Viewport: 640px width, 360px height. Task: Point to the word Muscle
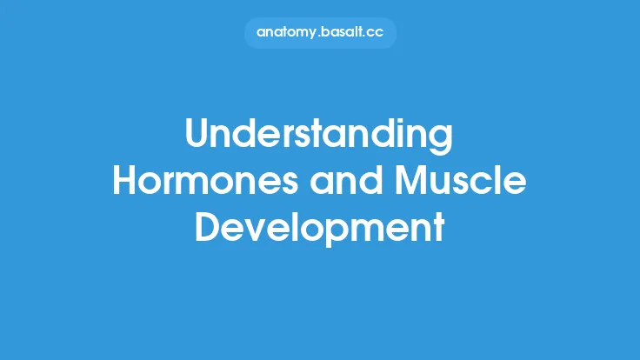[457, 181]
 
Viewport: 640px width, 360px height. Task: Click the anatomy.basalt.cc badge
[319, 33]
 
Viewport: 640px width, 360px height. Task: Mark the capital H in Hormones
[127, 181]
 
